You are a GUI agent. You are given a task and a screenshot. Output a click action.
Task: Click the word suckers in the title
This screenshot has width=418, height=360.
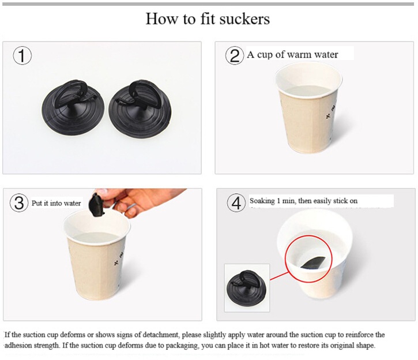pyautogui.click(x=246, y=18)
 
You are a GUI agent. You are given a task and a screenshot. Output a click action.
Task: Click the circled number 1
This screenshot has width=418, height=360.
pyautogui.click(x=22, y=56)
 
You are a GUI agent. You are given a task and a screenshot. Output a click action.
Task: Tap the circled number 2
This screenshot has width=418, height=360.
pyautogui.click(x=234, y=55)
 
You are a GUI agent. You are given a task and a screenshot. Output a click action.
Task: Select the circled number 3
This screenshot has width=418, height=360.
pyautogui.click(x=19, y=203)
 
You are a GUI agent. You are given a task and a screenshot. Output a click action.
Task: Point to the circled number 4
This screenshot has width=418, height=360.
pyautogui.click(x=236, y=203)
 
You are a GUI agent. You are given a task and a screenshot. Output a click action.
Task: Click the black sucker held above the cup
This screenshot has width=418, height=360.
pyautogui.click(x=96, y=204)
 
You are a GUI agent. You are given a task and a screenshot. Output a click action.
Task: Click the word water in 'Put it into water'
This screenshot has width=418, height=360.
pyautogui.click(x=71, y=203)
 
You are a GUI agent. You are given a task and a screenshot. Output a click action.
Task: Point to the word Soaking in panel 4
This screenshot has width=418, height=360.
pyautogui.click(x=263, y=201)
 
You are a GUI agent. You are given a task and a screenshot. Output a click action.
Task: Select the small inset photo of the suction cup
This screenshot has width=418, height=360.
pyautogui.click(x=246, y=287)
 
